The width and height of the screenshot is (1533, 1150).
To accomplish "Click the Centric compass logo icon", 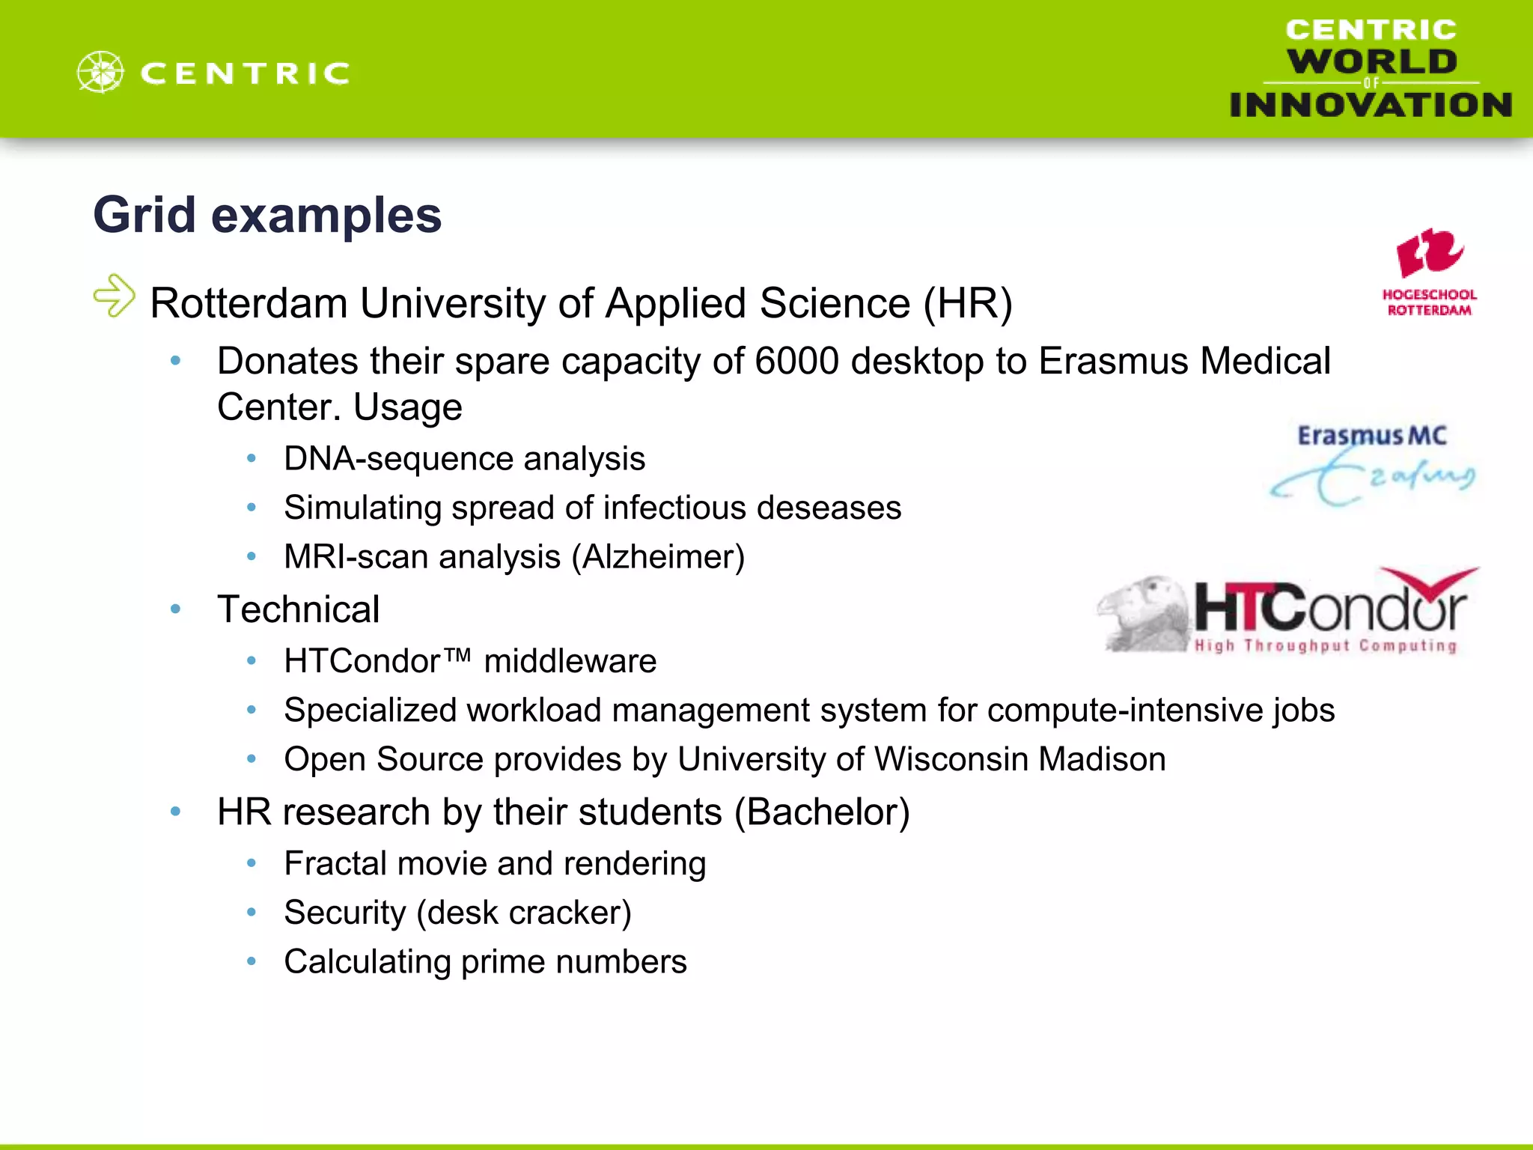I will click(x=100, y=72).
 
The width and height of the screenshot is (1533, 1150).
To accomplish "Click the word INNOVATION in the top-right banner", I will click(x=1370, y=106).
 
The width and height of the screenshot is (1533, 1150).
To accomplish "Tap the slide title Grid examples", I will click(x=267, y=216).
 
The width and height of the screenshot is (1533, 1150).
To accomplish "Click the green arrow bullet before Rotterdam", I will click(x=115, y=296).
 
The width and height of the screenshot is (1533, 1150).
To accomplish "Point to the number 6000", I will click(x=796, y=362).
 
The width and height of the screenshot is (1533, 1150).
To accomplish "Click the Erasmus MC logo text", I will click(x=1371, y=436).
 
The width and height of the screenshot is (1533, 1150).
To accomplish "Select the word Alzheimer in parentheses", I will click(x=658, y=557).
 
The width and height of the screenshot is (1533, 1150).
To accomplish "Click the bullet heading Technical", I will click(x=298, y=609).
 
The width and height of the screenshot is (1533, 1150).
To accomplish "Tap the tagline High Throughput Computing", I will click(x=1325, y=646).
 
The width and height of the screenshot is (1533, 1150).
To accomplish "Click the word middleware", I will click(x=570, y=662).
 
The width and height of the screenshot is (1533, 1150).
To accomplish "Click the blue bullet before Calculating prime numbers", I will click(x=252, y=961).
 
